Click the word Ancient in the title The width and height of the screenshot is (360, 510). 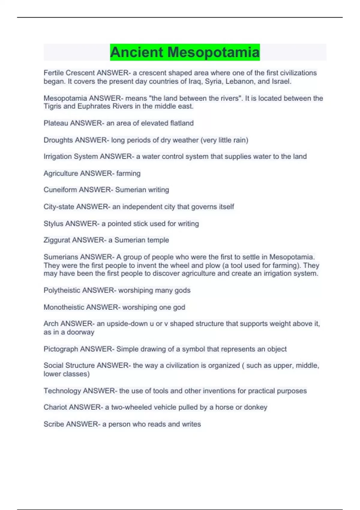pyautogui.click(x=136, y=52)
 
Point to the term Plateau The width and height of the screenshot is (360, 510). pyautogui.click(x=56, y=123)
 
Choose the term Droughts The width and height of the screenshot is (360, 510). pyautogui.click(x=58, y=140)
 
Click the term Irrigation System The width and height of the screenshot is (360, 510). pyautogui.click(x=70, y=157)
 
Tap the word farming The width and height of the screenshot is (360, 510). pyautogui.click(x=128, y=173)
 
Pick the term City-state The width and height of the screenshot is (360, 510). pyautogui.click(x=59, y=207)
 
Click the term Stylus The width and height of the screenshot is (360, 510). pyautogui.click(x=53, y=223)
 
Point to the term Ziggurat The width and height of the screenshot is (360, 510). pyautogui.click(x=57, y=240)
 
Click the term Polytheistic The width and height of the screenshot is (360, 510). pyautogui.click(x=62, y=290)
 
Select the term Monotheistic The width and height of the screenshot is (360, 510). pyautogui.click(x=64, y=307)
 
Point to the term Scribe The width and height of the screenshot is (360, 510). pyautogui.click(x=54, y=424)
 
